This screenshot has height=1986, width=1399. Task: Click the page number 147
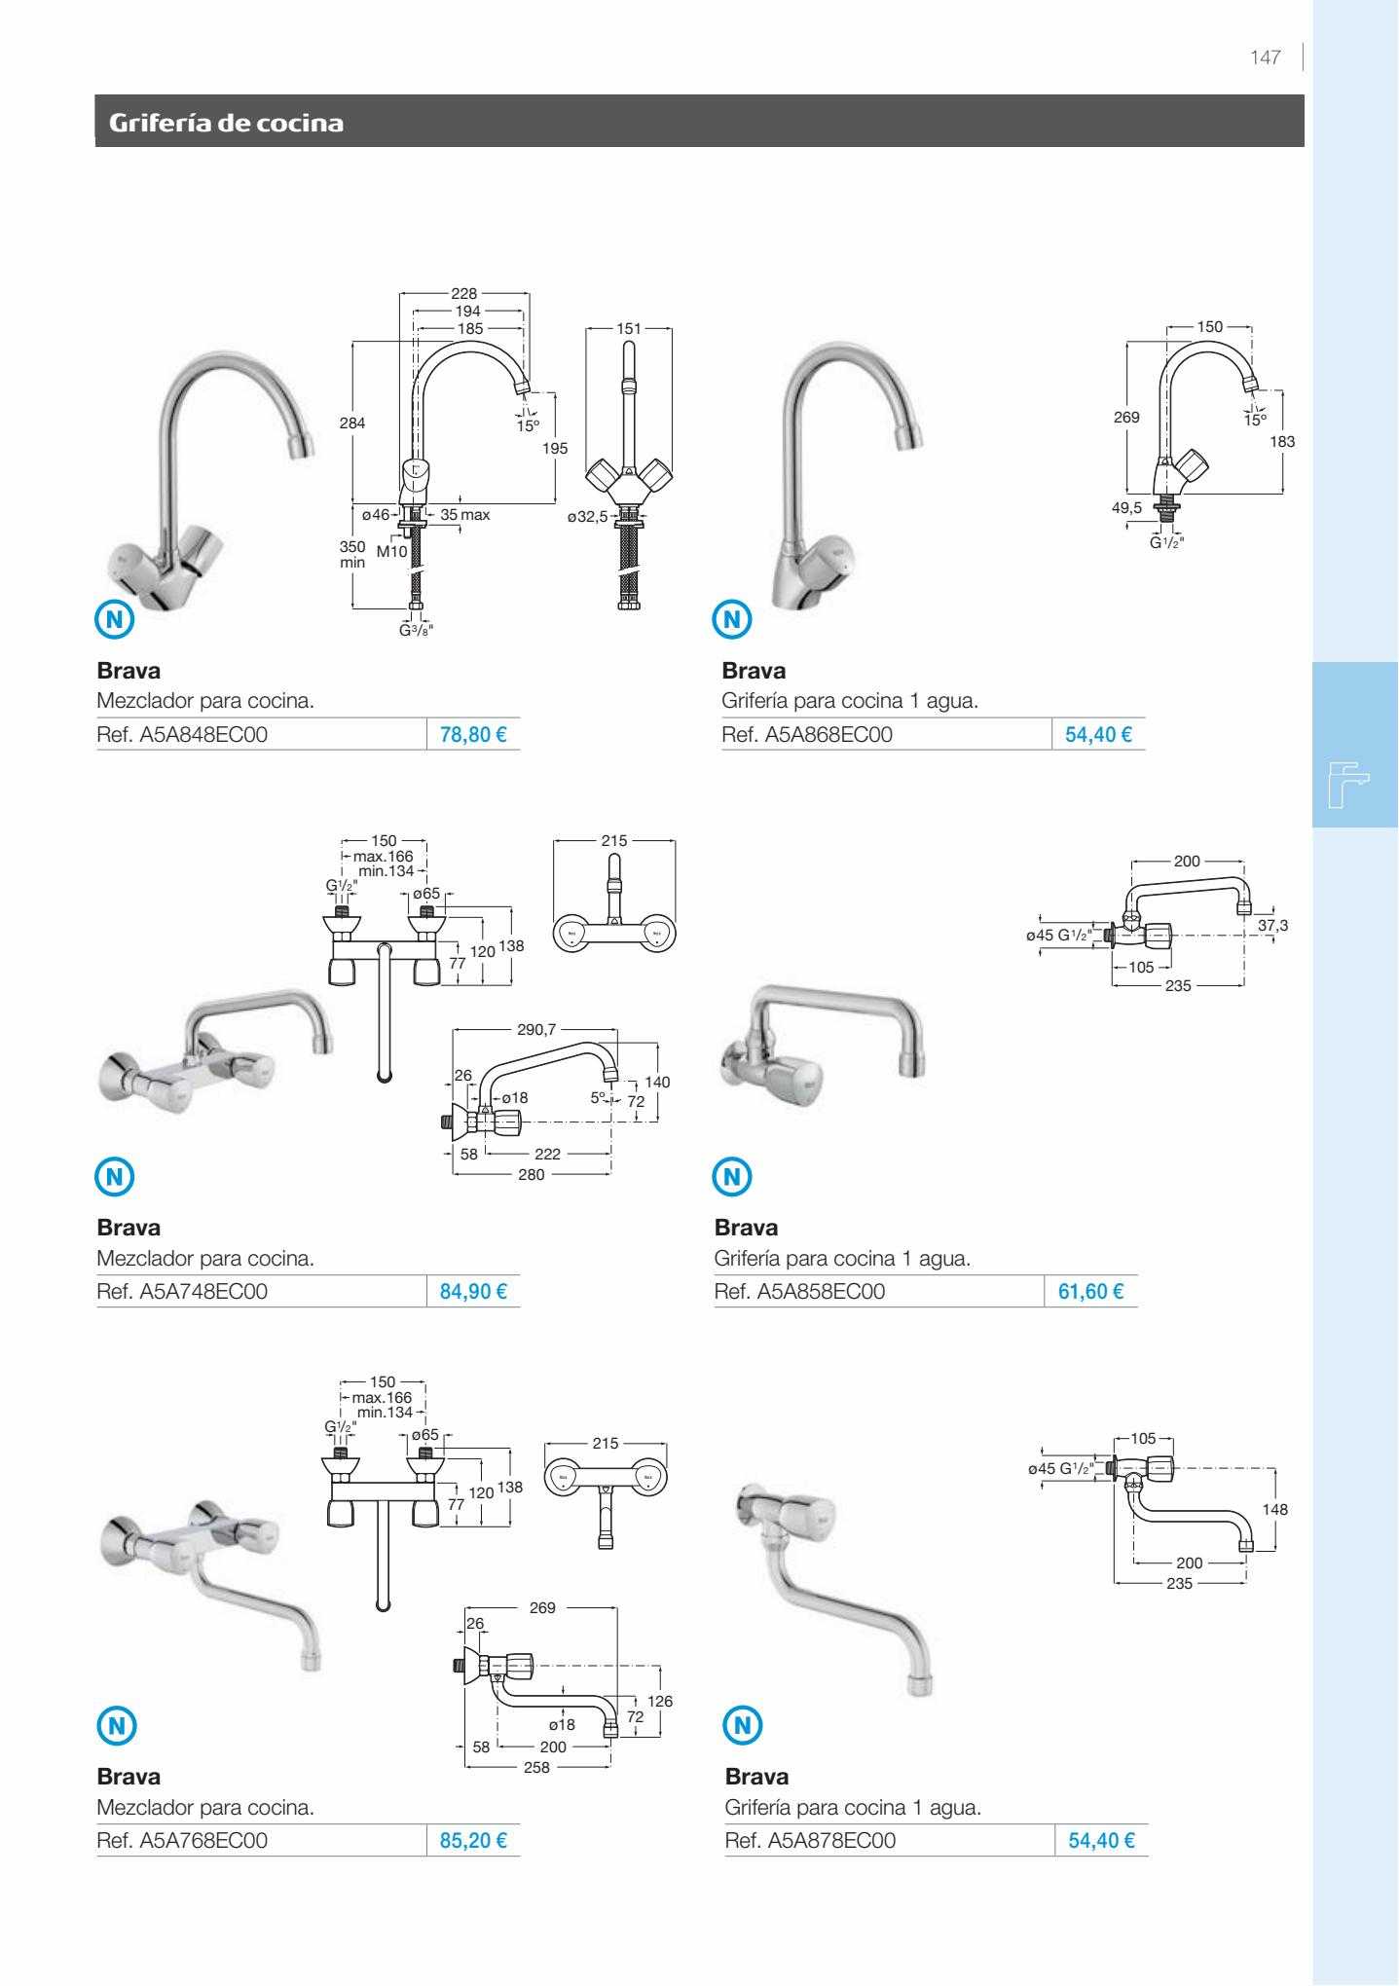pyautogui.click(x=1266, y=57)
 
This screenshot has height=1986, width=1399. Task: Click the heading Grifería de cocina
pyautogui.click(x=226, y=123)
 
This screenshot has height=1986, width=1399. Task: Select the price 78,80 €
pyautogui.click(x=473, y=735)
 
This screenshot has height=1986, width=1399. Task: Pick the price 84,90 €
pyautogui.click(x=473, y=1292)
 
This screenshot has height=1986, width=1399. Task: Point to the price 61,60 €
pyautogui.click(x=1090, y=1292)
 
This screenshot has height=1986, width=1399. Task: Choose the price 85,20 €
pyautogui.click(x=473, y=1841)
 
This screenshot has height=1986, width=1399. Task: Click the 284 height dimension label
pyautogui.click(x=351, y=423)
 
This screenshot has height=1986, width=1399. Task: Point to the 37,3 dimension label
pyautogui.click(x=1272, y=925)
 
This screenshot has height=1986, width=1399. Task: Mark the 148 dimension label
pyautogui.click(x=1274, y=1510)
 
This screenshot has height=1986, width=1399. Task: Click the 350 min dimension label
pyautogui.click(x=351, y=555)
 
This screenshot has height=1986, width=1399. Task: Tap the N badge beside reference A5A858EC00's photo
pyautogui.click(x=733, y=1176)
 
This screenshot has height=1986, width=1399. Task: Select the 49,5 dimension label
pyautogui.click(x=1127, y=507)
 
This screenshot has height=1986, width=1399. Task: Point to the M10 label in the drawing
pyautogui.click(x=391, y=552)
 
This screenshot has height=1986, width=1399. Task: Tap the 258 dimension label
pyautogui.click(x=536, y=1767)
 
